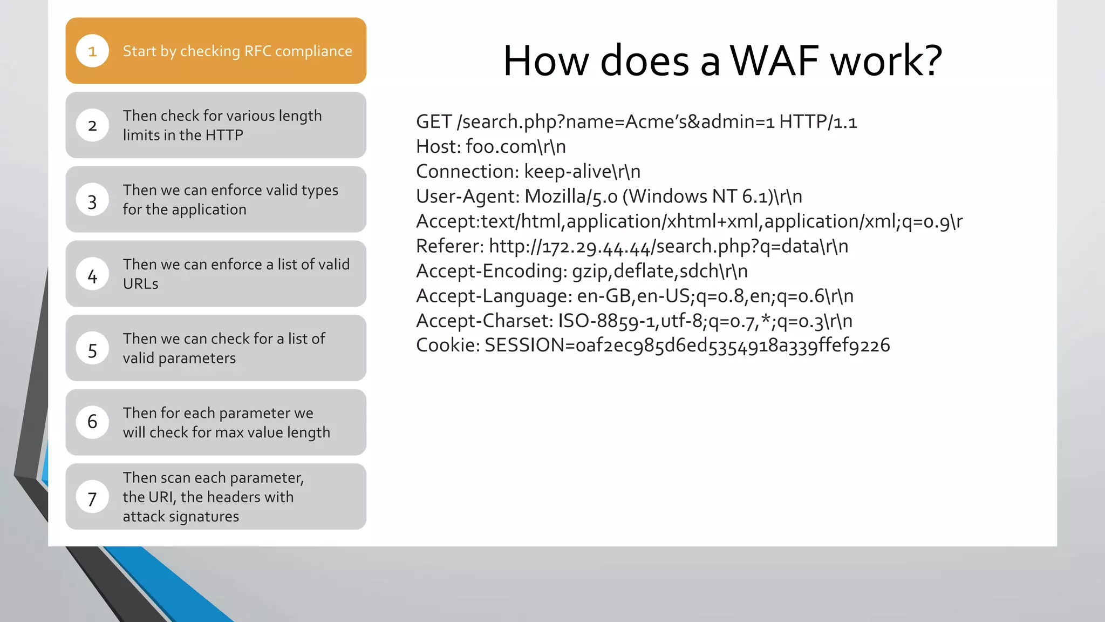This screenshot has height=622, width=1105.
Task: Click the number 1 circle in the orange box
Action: (92, 51)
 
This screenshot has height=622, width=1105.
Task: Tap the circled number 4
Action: (92, 276)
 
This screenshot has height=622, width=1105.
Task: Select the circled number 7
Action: (92, 498)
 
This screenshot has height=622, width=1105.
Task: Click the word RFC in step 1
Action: (257, 51)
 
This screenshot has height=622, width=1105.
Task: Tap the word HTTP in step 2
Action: (224, 135)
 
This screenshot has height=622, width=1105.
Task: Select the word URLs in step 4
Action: (140, 283)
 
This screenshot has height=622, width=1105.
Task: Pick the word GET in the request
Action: (433, 121)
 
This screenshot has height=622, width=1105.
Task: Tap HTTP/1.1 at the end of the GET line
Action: (817, 121)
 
